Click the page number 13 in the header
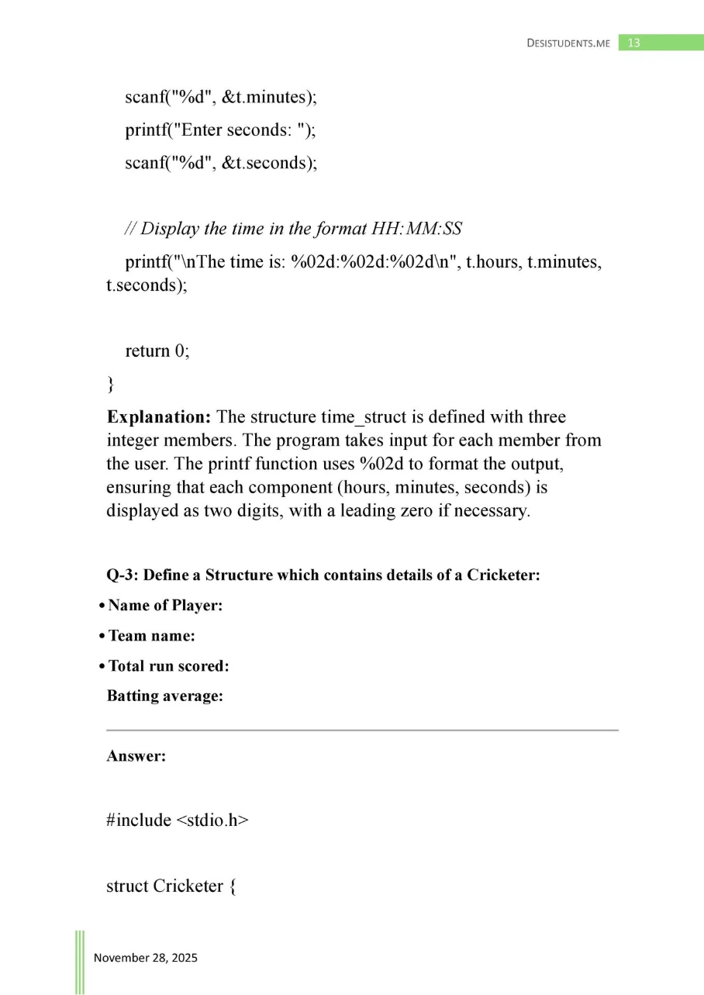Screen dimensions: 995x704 click(633, 43)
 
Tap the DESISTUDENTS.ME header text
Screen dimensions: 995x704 click(568, 43)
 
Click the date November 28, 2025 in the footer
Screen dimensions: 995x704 click(146, 958)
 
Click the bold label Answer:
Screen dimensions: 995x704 click(136, 756)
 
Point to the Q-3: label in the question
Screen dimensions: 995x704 click(123, 576)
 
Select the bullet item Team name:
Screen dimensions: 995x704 click(151, 636)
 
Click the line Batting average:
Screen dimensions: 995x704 click(164, 696)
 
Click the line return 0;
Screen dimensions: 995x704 click(157, 351)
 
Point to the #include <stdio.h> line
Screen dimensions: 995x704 click(178, 821)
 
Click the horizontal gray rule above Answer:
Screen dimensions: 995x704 click(362, 730)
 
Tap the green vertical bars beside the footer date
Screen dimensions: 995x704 click(79, 962)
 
